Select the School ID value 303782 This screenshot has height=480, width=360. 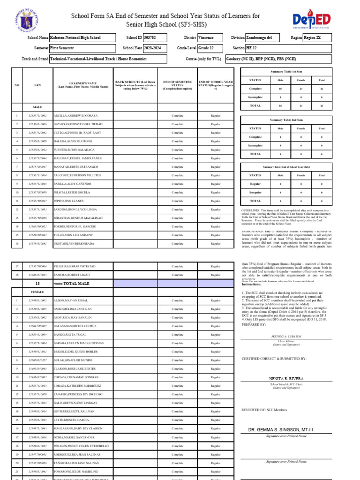150,37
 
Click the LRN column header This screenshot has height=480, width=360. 37,84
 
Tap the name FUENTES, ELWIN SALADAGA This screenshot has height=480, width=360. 73,150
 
